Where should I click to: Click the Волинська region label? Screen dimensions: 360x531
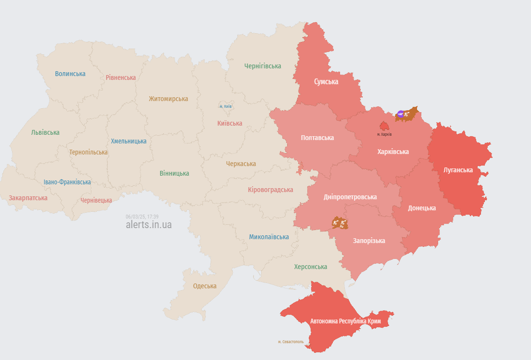coord(70,74)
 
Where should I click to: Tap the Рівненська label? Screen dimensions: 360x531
coord(121,77)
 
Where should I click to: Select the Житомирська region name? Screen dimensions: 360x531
coord(168,99)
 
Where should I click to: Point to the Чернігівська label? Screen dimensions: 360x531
coord(263,66)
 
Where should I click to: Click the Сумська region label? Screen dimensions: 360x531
coord(326,82)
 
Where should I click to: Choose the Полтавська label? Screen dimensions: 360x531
coord(317,138)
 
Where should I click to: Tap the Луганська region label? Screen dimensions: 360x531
coord(458,170)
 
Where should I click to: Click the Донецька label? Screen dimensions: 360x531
coord(422,208)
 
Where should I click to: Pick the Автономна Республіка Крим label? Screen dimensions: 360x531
coord(346,321)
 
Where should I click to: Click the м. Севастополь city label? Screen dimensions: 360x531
coord(291,342)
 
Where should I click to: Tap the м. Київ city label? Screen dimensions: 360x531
coord(226,106)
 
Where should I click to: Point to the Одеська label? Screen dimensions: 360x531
coord(204,286)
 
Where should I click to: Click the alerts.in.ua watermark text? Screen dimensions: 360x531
coord(149,225)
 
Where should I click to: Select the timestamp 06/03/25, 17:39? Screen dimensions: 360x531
coord(142,217)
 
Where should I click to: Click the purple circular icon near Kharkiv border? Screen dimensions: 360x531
coord(400,115)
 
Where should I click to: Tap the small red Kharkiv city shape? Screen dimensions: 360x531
coord(384,126)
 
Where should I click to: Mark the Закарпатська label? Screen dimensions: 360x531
coord(28,198)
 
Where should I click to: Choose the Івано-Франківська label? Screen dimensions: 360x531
coord(67,182)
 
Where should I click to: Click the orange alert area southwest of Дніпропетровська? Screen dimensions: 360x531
coord(340,223)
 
